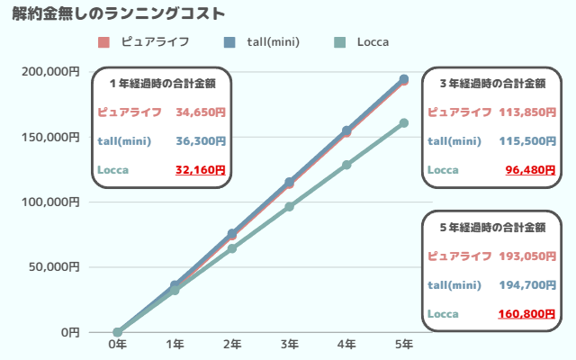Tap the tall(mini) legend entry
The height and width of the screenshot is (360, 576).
[262, 42]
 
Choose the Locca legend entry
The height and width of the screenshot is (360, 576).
[364, 42]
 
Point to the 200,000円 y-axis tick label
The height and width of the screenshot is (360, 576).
[50, 72]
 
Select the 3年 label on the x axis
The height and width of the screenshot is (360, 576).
[289, 344]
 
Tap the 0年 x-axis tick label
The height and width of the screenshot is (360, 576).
[117, 344]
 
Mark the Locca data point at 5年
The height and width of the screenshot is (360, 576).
[404, 122]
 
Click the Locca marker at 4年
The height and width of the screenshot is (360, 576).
[346, 165]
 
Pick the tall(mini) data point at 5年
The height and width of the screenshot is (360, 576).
[404, 79]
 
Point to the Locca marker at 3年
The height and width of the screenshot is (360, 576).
[289, 207]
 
